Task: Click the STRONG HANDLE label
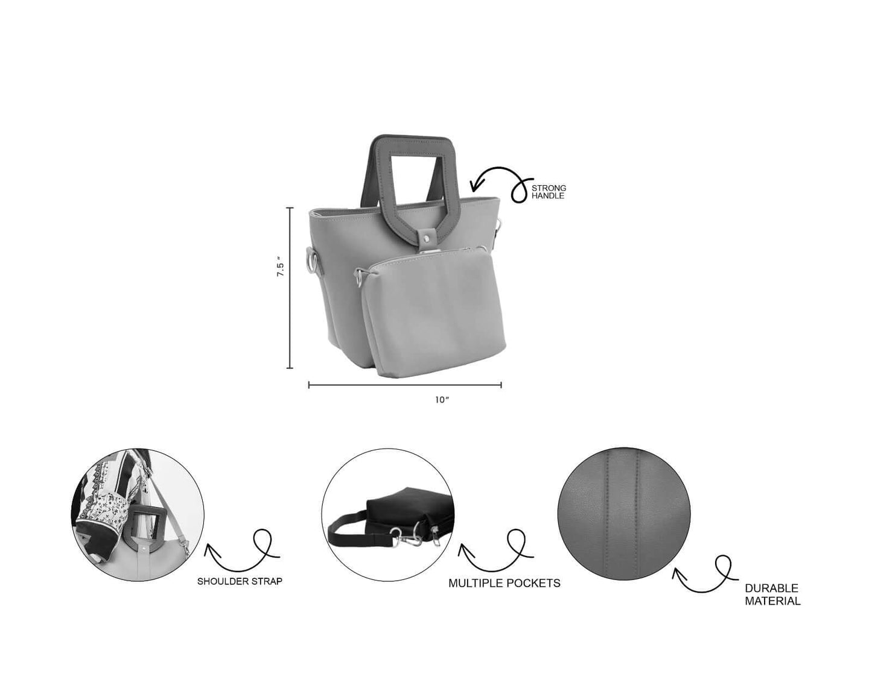click(548, 192)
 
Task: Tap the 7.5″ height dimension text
click(280, 266)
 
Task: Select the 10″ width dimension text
click(442, 400)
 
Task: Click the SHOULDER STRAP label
click(240, 581)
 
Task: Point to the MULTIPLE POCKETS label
click(504, 583)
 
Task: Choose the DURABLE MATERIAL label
click(772, 594)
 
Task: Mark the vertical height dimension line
click(290, 288)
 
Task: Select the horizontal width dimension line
click(405, 385)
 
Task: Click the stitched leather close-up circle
click(624, 514)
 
